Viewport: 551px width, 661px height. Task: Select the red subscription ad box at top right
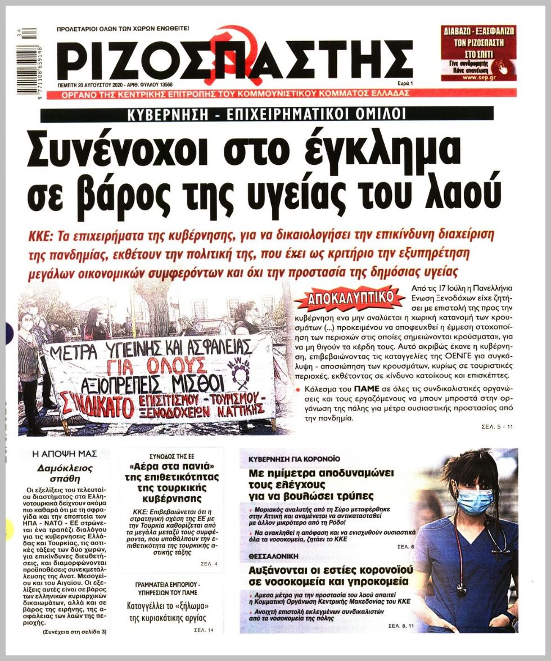pyautogui.click(x=478, y=53)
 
